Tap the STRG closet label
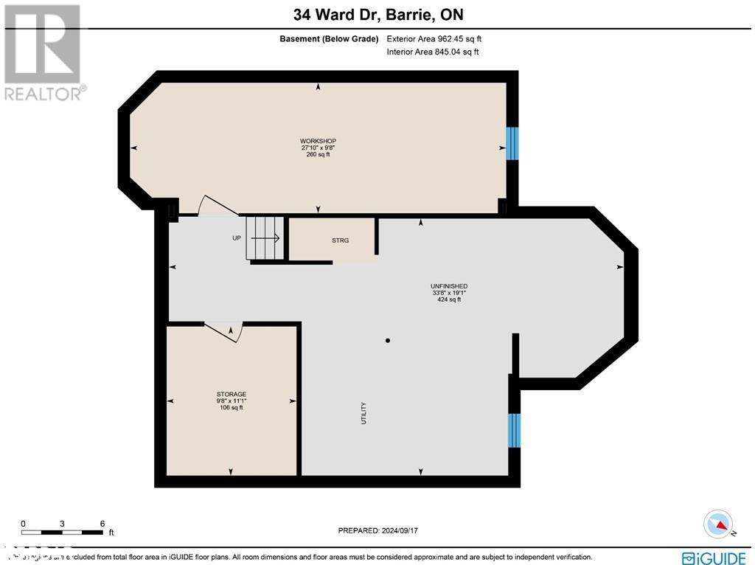340,240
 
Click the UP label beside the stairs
237,238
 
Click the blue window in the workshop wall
512,143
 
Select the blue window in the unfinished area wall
515,430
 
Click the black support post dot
388,341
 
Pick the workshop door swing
218,207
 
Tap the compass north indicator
718,524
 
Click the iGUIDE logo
714,557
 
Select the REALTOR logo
43,52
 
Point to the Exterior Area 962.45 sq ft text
434,39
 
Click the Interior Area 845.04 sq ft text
433,52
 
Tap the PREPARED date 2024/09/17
382,530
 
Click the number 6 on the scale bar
102,523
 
